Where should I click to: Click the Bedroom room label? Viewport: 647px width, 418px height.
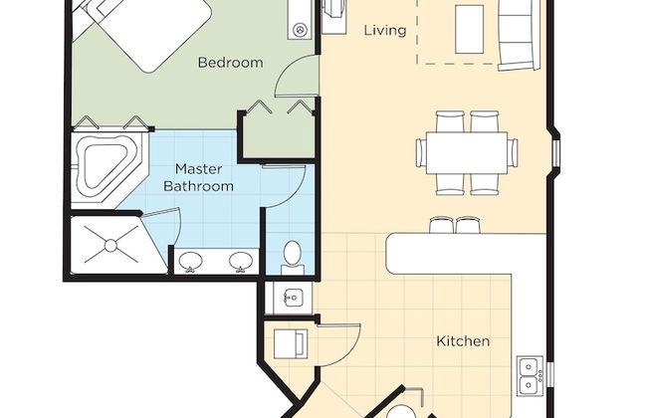coord(230,63)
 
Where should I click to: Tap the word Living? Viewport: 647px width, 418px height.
coord(385,30)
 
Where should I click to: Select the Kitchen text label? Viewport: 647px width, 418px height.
coord(463,341)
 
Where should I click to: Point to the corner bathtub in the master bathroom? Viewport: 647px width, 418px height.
coord(108,170)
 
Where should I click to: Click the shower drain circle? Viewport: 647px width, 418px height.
coord(110,246)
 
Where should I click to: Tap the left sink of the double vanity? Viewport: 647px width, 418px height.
coord(190,262)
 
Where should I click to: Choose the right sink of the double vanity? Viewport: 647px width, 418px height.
coord(241,262)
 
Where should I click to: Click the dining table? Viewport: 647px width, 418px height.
coord(467,152)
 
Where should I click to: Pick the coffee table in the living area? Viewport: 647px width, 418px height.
coord(469,29)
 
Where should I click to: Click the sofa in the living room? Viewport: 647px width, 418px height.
coord(519,35)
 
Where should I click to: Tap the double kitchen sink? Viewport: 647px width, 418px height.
coord(530,375)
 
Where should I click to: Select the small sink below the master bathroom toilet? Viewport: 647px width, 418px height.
coord(294,297)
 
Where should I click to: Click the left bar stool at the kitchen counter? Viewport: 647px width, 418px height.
coord(441,225)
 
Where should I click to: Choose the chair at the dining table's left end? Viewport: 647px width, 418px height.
coord(421,152)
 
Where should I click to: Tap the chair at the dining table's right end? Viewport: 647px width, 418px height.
coord(513,152)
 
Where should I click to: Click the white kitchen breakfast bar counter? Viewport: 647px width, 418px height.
coord(466,254)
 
